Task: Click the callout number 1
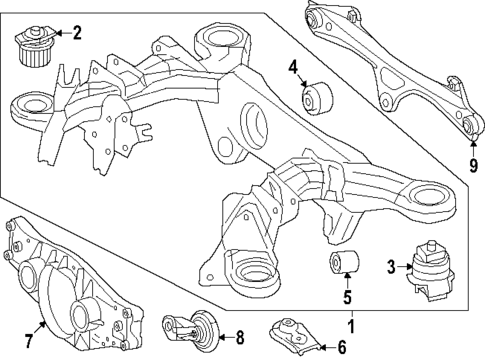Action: point(351,326)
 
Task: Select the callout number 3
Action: point(390,267)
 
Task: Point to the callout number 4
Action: point(294,68)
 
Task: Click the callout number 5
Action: point(346,296)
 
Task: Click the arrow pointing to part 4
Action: point(300,83)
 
